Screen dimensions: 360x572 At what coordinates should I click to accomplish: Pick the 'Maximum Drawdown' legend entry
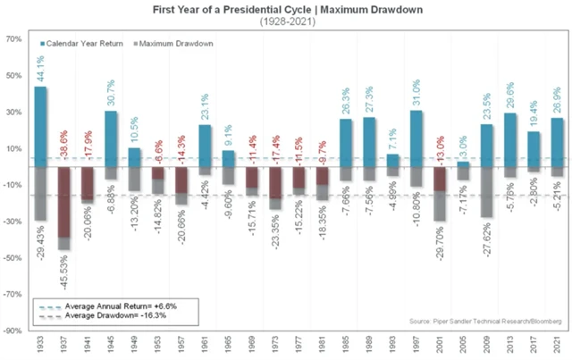[x=171, y=43]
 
